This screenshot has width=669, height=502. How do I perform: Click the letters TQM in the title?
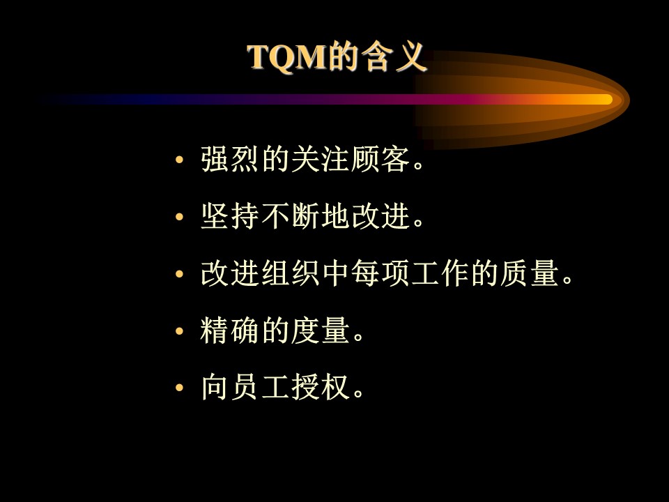coord(287,57)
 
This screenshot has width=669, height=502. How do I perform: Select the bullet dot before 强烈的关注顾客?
coord(179,160)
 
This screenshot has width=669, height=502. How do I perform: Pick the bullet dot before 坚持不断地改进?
coord(179,217)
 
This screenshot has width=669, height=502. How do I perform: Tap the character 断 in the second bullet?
coord(305,216)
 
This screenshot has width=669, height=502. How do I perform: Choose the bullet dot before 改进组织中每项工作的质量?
coord(179,274)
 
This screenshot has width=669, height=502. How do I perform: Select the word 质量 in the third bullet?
coord(530,273)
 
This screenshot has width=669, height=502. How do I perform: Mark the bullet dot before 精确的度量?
coord(179,330)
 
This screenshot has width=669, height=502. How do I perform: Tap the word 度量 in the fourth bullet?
coord(321,330)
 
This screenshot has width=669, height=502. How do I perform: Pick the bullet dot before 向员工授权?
coord(179,388)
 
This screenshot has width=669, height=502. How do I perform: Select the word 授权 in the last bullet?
coord(321,387)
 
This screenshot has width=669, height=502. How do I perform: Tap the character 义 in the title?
coord(410,56)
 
